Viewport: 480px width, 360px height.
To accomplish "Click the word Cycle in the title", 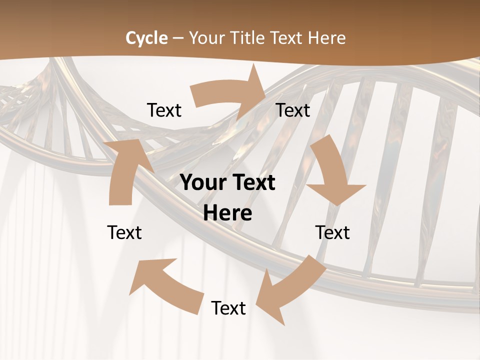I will (x=146, y=38).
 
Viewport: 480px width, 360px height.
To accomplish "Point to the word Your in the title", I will (x=206, y=38).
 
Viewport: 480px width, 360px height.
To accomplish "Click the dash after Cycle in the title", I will (x=178, y=38).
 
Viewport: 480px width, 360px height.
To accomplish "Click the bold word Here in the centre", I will (x=227, y=213).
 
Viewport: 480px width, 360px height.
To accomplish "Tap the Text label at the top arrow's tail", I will (x=164, y=110).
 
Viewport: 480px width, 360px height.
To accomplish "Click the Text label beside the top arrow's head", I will (x=293, y=110).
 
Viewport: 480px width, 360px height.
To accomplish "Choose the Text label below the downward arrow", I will (x=332, y=232).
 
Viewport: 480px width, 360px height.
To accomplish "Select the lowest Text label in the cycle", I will (x=228, y=308).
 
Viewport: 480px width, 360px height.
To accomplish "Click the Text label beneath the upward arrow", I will (x=124, y=232).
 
